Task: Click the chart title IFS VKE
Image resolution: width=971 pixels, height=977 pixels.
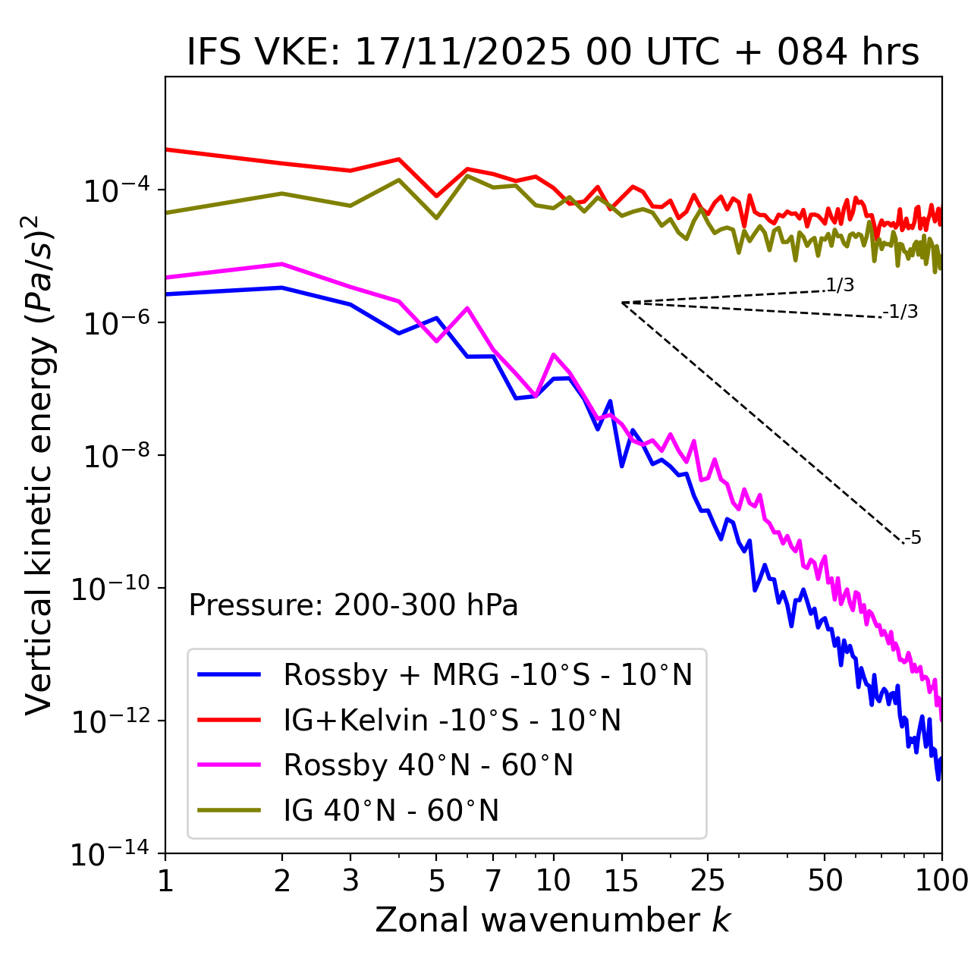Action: coord(553,53)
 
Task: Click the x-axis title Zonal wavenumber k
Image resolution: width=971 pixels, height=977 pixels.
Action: coord(553,920)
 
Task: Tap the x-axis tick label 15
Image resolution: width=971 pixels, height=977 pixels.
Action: coord(621,881)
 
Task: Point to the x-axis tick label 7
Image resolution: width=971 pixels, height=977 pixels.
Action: coord(493,881)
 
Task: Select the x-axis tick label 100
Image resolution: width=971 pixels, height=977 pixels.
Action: coord(941,881)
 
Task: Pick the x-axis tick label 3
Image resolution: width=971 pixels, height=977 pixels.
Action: coord(350,881)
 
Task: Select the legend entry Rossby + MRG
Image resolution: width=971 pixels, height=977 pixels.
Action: coord(488,674)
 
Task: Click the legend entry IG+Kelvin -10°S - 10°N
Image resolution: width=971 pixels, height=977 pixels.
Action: coord(452,720)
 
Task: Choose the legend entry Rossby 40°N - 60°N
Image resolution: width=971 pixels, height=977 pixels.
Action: coord(428,765)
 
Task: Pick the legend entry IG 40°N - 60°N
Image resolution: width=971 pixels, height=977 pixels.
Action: coord(391,811)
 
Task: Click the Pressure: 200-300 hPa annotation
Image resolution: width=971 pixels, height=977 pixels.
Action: coord(354,605)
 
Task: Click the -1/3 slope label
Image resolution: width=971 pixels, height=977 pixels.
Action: coord(900,312)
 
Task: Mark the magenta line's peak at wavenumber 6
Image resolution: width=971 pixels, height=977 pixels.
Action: coord(467,307)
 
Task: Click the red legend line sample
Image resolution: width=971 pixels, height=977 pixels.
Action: coord(228,720)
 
